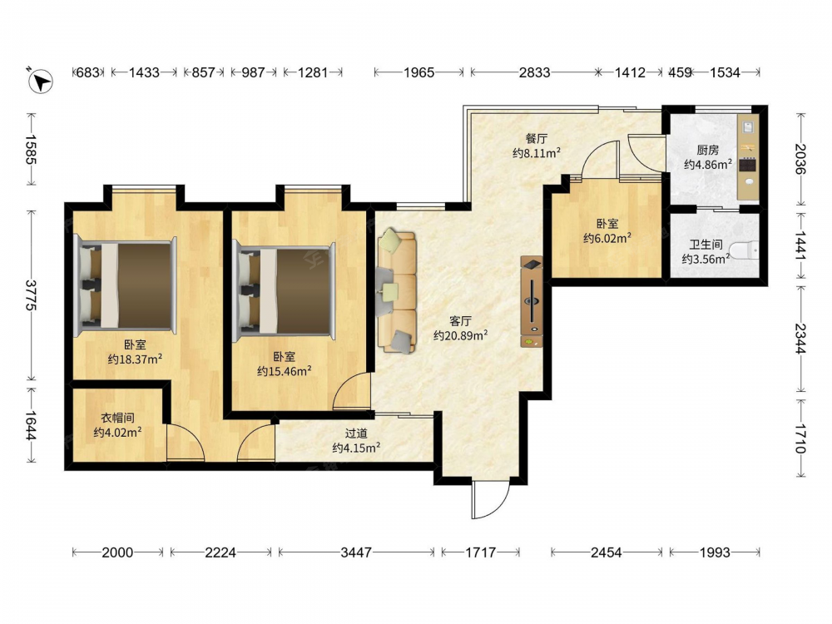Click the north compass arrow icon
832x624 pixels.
coord(40,82)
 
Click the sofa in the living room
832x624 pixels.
coord(396,291)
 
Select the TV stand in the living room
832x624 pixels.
coord(532,302)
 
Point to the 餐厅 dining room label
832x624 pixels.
coord(536,139)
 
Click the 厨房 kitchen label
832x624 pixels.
coord(708,151)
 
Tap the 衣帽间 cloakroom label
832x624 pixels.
coord(117,418)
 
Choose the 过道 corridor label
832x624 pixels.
coord(356,433)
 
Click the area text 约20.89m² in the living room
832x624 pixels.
coord(461,335)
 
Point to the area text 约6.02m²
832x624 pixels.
coord(607,238)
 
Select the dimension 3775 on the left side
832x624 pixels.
coord(31,295)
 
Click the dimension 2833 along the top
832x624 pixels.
coord(534,72)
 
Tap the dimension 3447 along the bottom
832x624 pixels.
coord(356,552)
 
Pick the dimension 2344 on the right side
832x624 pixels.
coord(800,339)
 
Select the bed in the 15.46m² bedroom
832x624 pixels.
coord(285,290)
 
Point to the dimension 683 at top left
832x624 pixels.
coord(88,72)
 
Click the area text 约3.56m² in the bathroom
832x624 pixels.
coord(706,259)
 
